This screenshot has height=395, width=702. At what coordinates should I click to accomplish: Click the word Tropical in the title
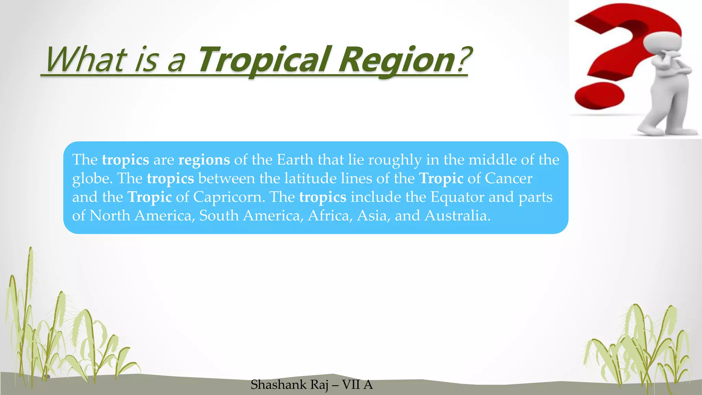(x=264, y=60)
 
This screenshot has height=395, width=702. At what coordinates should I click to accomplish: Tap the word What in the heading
(x=84, y=60)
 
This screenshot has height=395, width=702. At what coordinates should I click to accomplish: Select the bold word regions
(x=204, y=160)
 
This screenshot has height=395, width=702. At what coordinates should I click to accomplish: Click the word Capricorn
(x=229, y=197)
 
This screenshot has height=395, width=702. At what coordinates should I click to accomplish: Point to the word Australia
(x=457, y=216)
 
